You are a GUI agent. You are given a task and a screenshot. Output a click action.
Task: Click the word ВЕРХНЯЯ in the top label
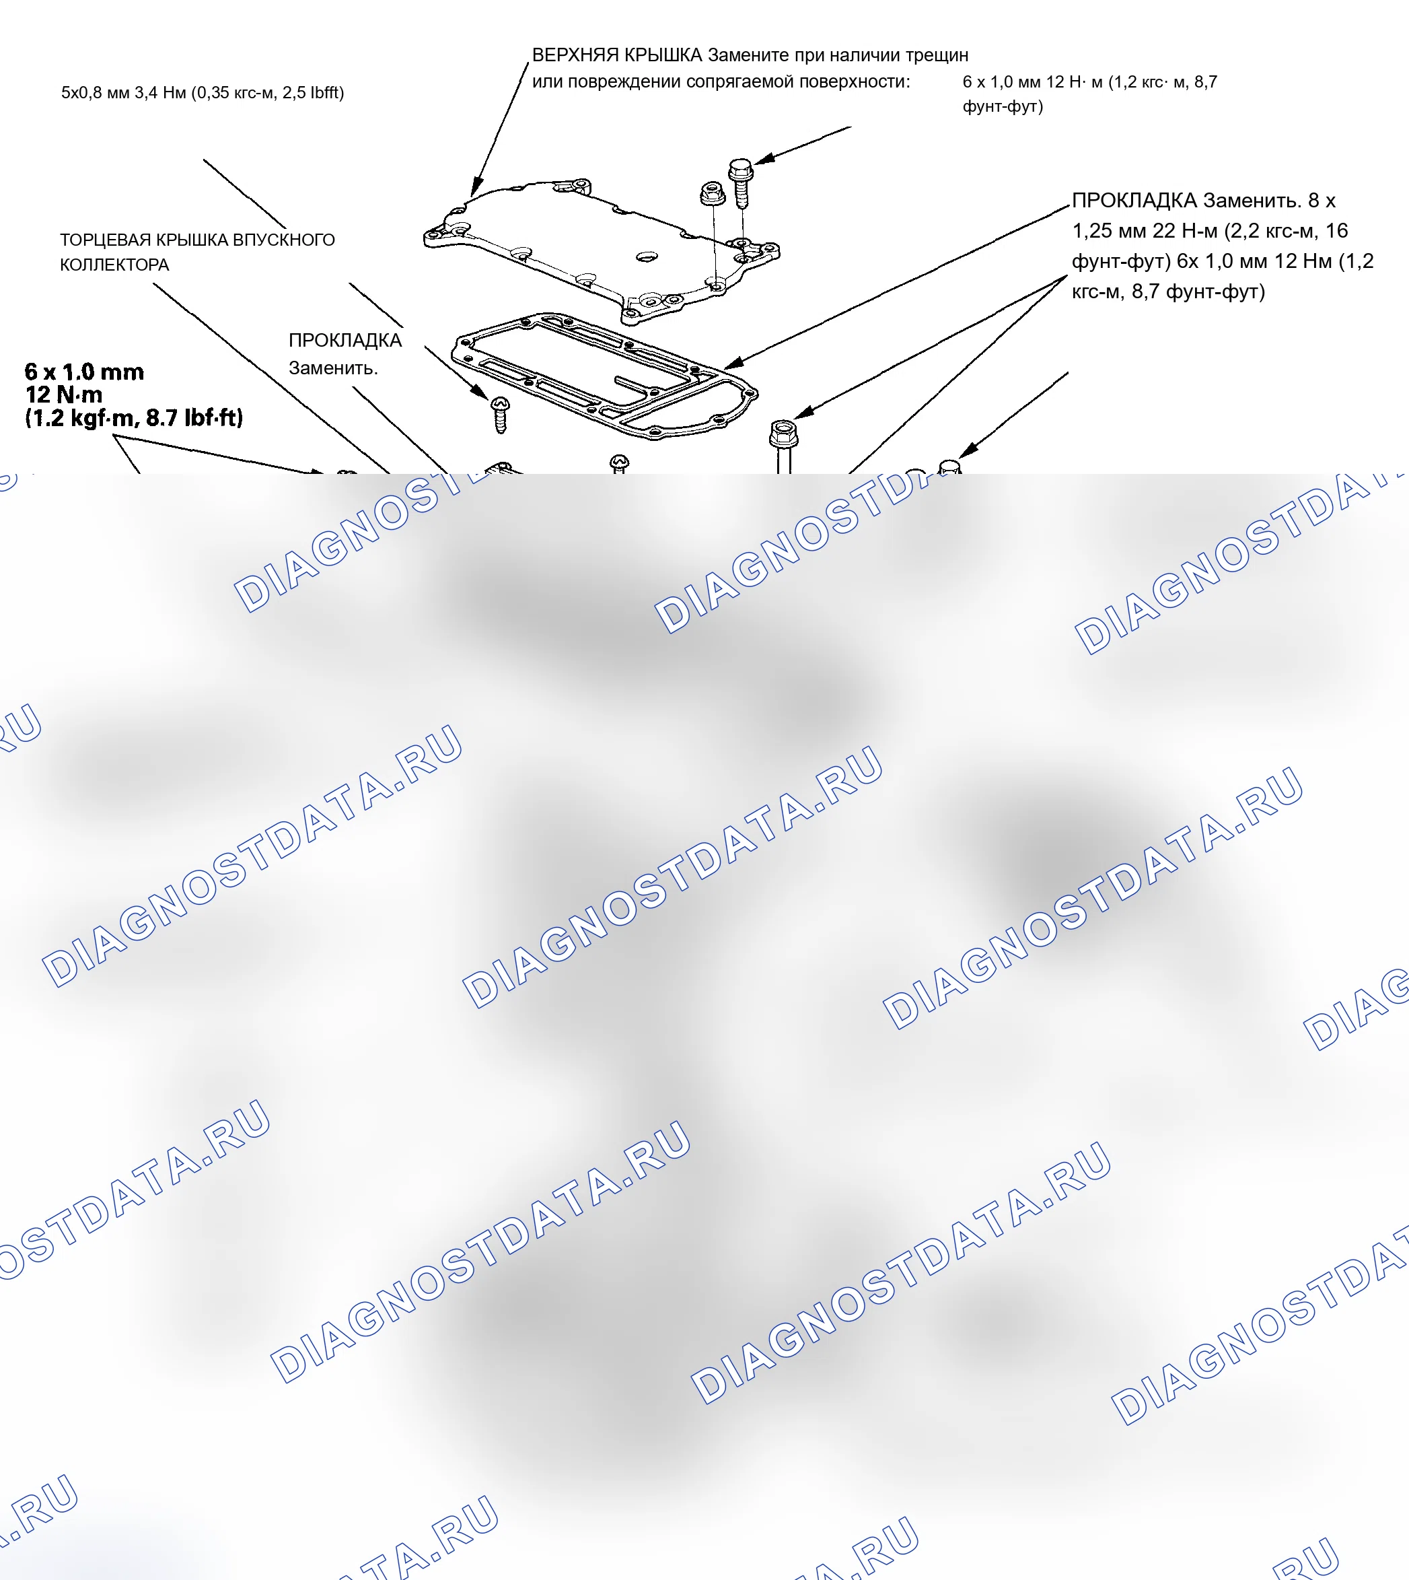(x=575, y=55)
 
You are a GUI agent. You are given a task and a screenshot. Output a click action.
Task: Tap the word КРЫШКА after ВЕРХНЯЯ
(x=663, y=55)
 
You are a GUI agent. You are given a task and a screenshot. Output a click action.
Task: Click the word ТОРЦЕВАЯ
(x=105, y=240)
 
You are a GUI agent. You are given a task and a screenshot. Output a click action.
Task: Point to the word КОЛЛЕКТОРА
(x=114, y=265)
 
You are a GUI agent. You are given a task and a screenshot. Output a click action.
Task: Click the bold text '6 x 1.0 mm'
(x=84, y=372)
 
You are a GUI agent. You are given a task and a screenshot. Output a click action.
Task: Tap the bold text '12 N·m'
(x=63, y=395)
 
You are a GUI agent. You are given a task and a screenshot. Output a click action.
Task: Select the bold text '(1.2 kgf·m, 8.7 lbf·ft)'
(x=134, y=418)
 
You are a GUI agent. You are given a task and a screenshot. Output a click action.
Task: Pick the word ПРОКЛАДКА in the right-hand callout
(x=1135, y=201)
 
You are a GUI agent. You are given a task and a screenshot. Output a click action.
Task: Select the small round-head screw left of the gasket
(x=500, y=415)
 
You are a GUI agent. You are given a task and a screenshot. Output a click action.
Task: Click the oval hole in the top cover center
(x=646, y=256)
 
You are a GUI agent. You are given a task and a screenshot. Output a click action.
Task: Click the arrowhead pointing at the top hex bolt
(x=764, y=159)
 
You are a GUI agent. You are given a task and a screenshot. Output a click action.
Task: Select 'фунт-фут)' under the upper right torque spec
(x=1003, y=106)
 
